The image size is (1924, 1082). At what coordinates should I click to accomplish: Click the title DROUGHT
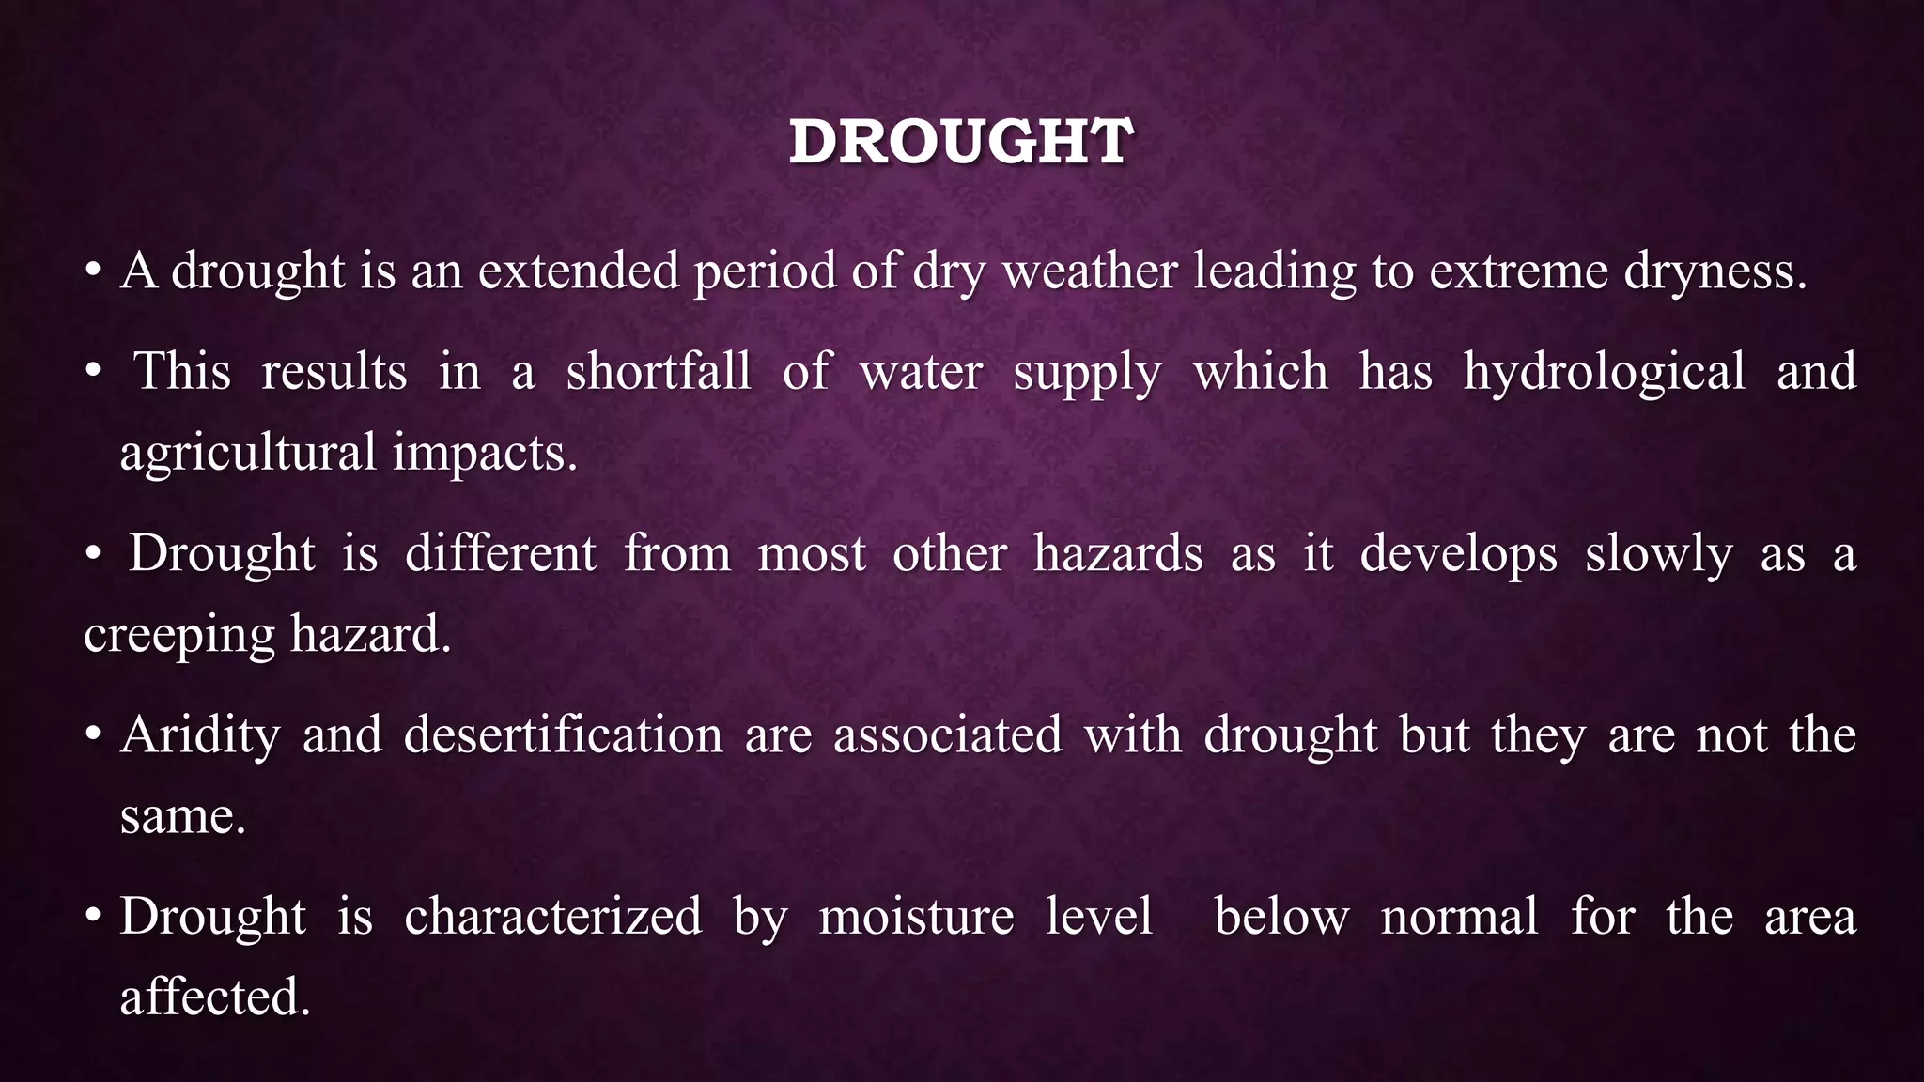point(961,143)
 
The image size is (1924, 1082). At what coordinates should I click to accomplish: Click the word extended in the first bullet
point(578,271)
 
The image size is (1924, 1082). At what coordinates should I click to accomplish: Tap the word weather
point(1090,271)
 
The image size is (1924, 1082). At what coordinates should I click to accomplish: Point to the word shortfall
point(659,371)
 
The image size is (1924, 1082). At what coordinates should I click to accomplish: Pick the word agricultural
point(248,454)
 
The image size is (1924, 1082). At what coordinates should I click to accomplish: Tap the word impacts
point(485,454)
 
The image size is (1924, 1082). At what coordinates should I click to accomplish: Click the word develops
point(1458,554)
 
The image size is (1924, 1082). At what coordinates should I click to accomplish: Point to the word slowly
point(1658,554)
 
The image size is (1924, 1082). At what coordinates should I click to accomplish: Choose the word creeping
point(178,636)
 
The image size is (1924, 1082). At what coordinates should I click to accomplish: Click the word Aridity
point(200,735)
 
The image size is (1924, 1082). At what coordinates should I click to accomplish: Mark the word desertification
point(563,734)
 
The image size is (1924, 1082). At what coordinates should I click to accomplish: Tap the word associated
point(947,734)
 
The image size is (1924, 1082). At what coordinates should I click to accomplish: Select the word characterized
point(552,916)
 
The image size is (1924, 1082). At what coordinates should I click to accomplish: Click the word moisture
point(916,916)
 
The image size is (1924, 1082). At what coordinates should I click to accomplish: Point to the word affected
point(214,997)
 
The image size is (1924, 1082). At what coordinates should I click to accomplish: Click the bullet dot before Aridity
point(92,735)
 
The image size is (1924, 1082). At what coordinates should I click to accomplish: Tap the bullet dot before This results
point(92,372)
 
